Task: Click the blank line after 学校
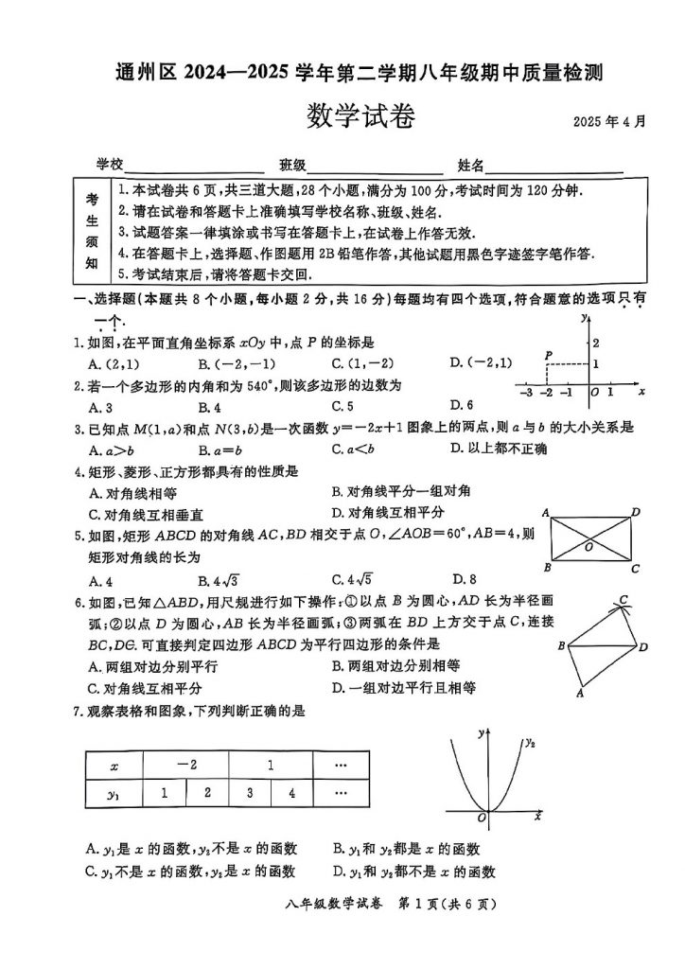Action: point(194,166)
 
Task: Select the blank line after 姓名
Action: point(553,166)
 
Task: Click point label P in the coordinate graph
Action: point(548,355)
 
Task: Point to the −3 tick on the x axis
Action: point(527,392)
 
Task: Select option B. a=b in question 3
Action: point(223,449)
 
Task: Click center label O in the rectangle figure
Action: point(588,546)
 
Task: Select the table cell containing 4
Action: point(292,793)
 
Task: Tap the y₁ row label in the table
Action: point(114,794)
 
